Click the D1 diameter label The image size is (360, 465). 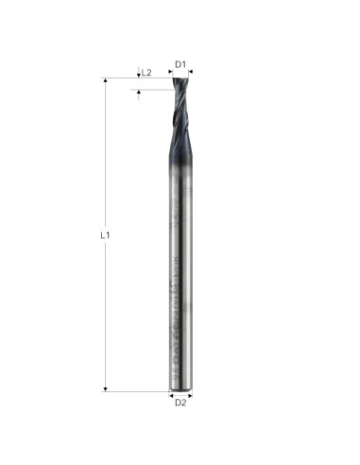coord(180,64)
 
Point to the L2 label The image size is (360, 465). coord(147,72)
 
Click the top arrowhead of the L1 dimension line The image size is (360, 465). coord(104,81)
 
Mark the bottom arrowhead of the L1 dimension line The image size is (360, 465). coord(104,387)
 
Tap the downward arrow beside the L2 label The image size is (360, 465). coord(139,74)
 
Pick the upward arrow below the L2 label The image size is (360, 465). coord(139,93)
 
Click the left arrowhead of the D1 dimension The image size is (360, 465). coord(172,72)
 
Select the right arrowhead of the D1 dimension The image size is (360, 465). coord(189,72)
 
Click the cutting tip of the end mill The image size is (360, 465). coord(180,79)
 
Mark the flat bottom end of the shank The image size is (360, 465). coord(180,388)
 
